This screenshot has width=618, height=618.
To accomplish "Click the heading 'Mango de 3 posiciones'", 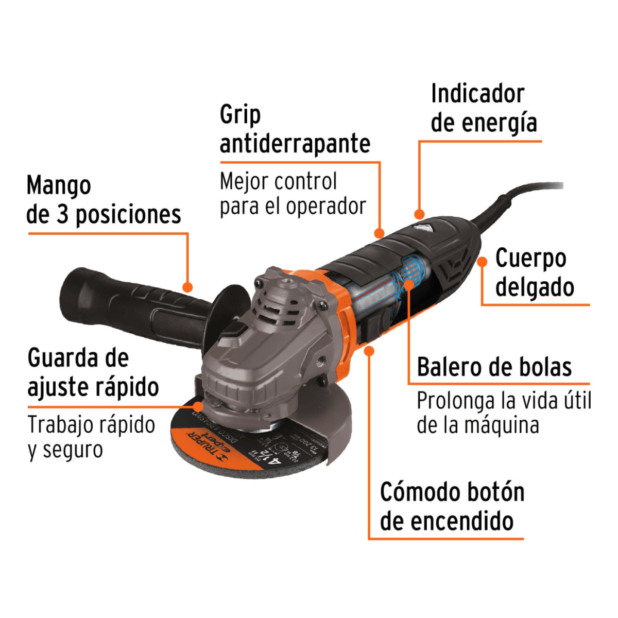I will (x=103, y=200).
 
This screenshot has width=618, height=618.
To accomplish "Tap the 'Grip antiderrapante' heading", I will (x=295, y=129).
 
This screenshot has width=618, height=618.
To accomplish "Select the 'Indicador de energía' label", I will (x=477, y=109).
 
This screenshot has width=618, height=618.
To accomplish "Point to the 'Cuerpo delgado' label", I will (x=535, y=273).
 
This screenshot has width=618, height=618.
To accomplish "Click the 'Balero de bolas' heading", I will (x=494, y=367).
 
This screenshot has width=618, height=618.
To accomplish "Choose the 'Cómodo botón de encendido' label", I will (x=452, y=507).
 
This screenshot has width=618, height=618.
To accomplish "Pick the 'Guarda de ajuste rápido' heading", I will (x=93, y=372).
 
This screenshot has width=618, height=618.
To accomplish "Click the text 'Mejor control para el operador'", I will (x=293, y=194).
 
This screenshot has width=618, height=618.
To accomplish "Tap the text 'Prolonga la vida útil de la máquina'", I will (x=503, y=413).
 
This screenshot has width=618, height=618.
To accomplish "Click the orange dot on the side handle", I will (x=188, y=287).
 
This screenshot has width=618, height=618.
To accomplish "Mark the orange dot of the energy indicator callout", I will (x=420, y=213).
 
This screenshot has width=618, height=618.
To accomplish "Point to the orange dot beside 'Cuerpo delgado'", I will (x=482, y=262).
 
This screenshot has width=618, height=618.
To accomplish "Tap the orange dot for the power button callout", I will (x=369, y=351).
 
